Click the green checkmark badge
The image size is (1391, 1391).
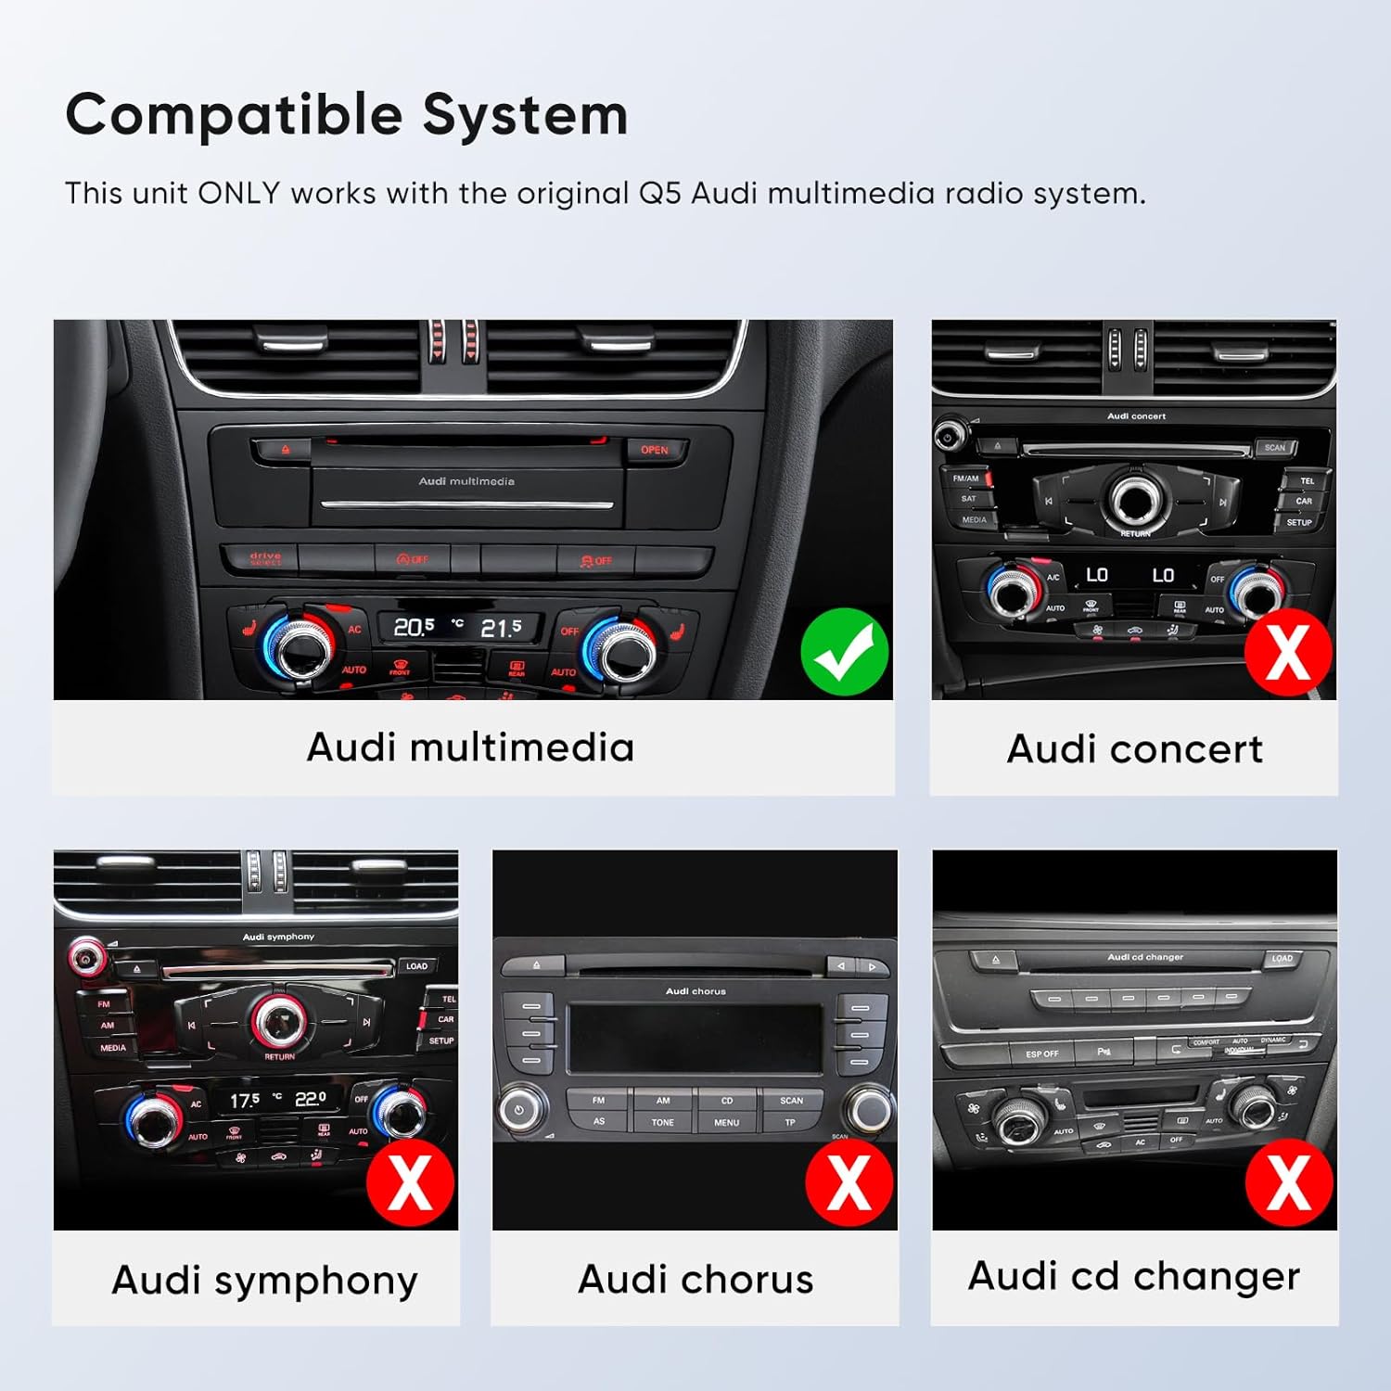[x=844, y=652]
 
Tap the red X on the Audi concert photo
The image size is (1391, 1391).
[x=1288, y=652]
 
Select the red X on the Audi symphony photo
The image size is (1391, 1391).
[x=410, y=1182]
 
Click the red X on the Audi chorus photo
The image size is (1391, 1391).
[x=849, y=1182]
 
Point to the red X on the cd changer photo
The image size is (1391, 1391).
[x=1289, y=1182]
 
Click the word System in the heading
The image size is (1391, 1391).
[x=525, y=116]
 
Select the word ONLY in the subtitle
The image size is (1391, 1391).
[x=238, y=193]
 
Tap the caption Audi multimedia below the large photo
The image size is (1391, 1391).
[x=470, y=747]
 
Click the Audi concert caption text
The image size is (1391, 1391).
[x=1134, y=749]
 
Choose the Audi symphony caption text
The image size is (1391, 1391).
[x=264, y=1281]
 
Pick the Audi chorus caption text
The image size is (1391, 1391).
[x=695, y=1280]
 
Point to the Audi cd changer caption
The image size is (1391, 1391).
[x=1134, y=1277]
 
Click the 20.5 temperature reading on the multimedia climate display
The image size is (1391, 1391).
[x=414, y=628]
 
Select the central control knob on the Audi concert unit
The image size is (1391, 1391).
[x=1133, y=501]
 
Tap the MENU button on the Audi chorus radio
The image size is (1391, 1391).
[x=726, y=1122]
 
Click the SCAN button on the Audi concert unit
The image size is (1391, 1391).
[x=1275, y=448]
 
